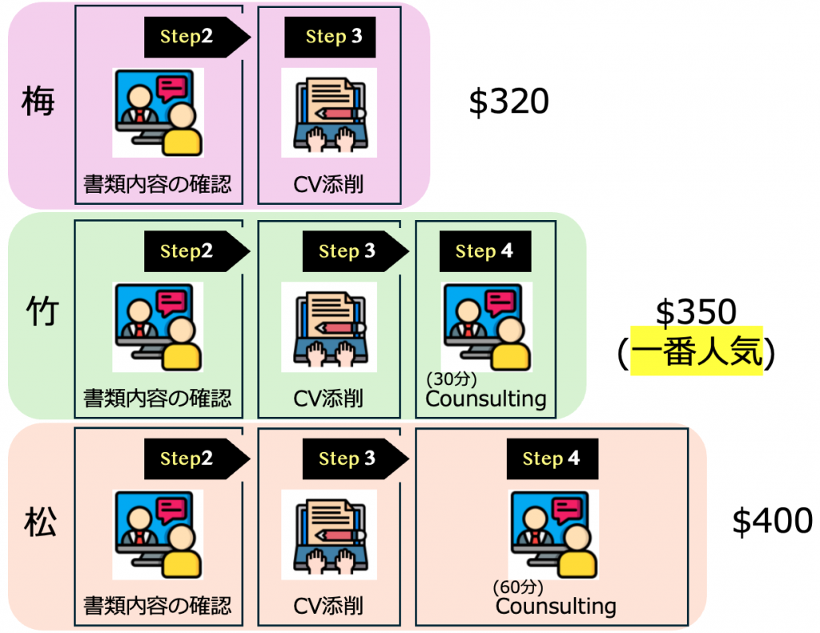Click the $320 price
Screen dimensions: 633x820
pos(508,103)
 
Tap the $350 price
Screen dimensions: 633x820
pos(695,313)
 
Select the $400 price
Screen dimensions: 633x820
pos(772,522)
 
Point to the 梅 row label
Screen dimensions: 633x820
pos(38,103)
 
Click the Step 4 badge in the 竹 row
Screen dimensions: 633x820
pos(484,251)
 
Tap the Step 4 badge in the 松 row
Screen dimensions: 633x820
pos(552,459)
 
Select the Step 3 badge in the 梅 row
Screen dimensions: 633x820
pos(329,38)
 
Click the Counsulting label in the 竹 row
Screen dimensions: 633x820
pos(486,399)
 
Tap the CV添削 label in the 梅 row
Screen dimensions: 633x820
pos(328,186)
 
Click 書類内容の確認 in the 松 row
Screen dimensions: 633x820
pos(158,606)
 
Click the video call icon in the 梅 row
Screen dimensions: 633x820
pos(158,112)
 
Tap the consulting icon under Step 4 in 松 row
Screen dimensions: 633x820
pos(553,533)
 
